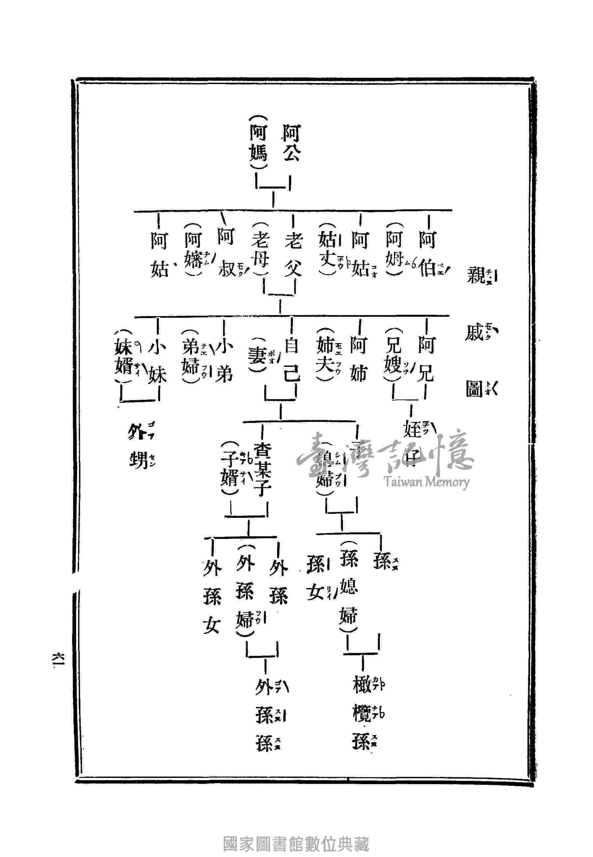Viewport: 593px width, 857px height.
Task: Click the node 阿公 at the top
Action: (x=292, y=143)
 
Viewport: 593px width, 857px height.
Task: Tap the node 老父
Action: (x=293, y=254)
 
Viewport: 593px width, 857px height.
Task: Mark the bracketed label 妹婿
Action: (x=124, y=357)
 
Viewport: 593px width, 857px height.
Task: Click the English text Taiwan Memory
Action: (x=427, y=482)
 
